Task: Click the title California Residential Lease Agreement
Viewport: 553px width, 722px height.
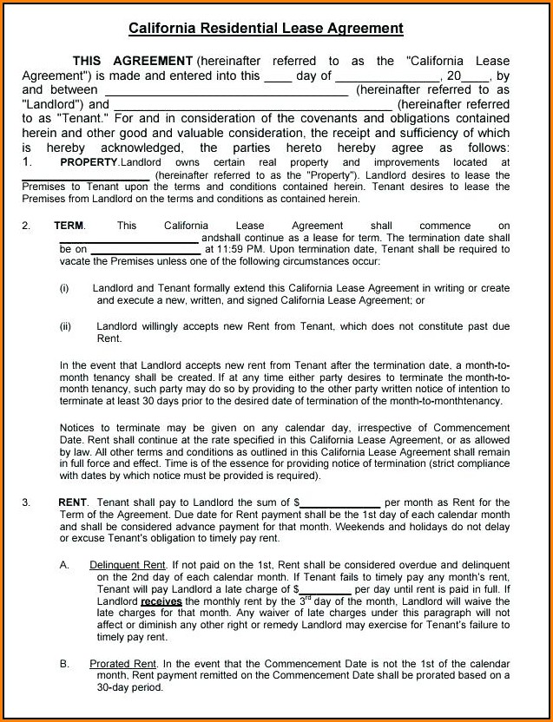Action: (266, 29)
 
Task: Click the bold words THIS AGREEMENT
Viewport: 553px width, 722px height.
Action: (132, 61)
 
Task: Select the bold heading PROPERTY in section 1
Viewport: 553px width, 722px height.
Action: (89, 162)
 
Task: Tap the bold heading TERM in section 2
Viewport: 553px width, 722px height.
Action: (69, 226)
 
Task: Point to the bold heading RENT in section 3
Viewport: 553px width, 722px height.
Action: (73, 502)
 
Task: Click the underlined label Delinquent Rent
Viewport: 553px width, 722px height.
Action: (128, 565)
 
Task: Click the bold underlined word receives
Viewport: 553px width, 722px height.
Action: (161, 601)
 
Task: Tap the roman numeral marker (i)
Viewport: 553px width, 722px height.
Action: (65, 288)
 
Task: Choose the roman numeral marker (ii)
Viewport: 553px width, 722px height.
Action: (66, 326)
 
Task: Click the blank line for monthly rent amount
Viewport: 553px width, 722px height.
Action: (339, 504)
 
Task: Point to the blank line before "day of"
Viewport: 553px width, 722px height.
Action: (278, 77)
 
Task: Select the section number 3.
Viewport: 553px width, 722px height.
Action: (26, 502)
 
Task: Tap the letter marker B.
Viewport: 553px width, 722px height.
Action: (65, 664)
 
